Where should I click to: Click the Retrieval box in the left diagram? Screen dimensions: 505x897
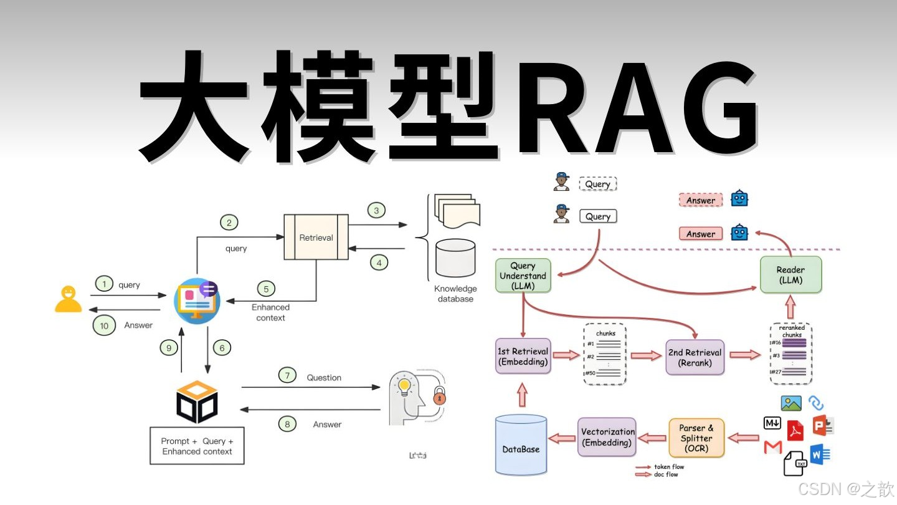click(x=316, y=237)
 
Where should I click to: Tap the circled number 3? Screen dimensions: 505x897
click(x=376, y=210)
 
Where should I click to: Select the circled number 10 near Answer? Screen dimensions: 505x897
click(x=104, y=325)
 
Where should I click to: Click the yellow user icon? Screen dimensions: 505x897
click(x=69, y=299)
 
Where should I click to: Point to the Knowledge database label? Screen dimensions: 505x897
click(x=455, y=294)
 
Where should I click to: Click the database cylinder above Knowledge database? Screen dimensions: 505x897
click(x=455, y=257)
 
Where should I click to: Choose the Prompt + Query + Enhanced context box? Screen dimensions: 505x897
click(x=197, y=446)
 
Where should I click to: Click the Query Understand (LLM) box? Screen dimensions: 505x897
click(x=523, y=276)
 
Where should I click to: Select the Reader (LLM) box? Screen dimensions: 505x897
click(x=790, y=275)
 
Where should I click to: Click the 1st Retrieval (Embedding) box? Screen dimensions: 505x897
click(x=523, y=357)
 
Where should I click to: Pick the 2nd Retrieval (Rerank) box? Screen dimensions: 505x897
click(x=695, y=357)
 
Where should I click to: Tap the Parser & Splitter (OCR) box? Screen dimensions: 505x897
click(x=696, y=438)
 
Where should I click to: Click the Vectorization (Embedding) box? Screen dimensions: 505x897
click(x=607, y=437)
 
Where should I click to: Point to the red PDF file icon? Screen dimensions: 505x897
click(x=795, y=431)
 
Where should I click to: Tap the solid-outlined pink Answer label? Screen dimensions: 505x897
click(x=701, y=234)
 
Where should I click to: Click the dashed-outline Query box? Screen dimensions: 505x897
click(x=597, y=184)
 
